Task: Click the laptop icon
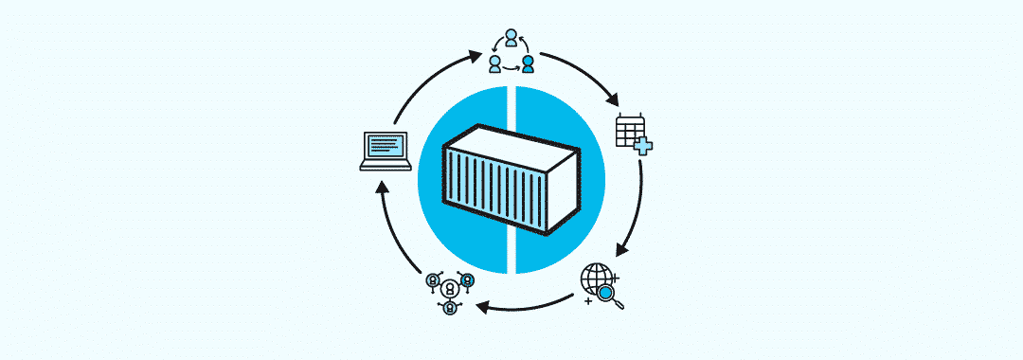386,151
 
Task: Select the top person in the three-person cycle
511,38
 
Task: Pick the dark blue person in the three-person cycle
528,64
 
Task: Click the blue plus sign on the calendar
644,145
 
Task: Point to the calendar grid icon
628,129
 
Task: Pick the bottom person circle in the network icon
449,308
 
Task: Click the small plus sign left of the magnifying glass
590,300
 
